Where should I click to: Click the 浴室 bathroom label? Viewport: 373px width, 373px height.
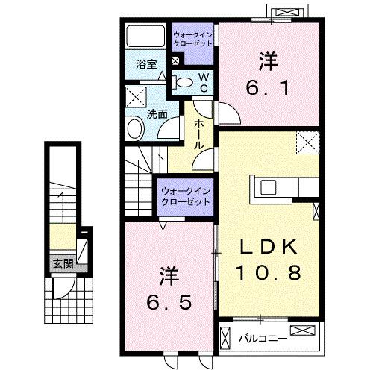145,65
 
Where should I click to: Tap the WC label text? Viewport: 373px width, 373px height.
201,82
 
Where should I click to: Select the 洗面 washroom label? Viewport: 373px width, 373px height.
156,115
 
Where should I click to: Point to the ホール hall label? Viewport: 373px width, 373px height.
200,134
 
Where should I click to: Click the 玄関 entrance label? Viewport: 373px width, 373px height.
63,263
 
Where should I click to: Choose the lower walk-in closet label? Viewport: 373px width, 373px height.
184,196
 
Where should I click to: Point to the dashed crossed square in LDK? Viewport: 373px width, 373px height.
307,142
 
